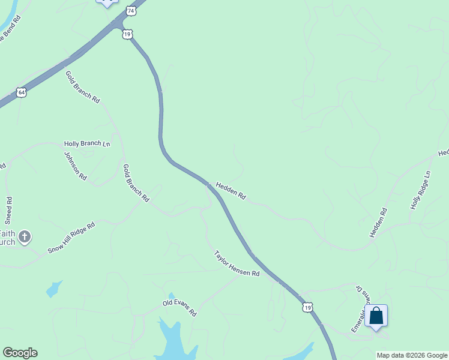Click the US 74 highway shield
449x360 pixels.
pos(131,11)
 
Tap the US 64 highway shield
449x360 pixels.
pos(22,92)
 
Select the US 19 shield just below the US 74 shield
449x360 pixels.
pos(127,34)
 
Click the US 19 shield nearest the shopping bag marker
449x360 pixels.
pos(307,307)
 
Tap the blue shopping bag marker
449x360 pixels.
pos(376,316)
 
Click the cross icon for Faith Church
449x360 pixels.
pos(25,237)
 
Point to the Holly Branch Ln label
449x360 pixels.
pos(87,144)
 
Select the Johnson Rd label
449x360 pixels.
pos(76,166)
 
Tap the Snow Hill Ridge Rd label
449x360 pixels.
pos(71,238)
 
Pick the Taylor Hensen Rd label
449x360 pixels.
pos(237,264)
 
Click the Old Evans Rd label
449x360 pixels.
pos(179,309)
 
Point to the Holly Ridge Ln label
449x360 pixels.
pos(421,190)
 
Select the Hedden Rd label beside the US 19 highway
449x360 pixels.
pos(231,191)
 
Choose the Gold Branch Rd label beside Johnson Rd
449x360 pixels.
pos(136,182)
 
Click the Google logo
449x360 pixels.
pos(20,353)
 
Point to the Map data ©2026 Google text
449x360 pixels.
pos(412,355)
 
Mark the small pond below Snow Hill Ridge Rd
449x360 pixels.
pos(54,289)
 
